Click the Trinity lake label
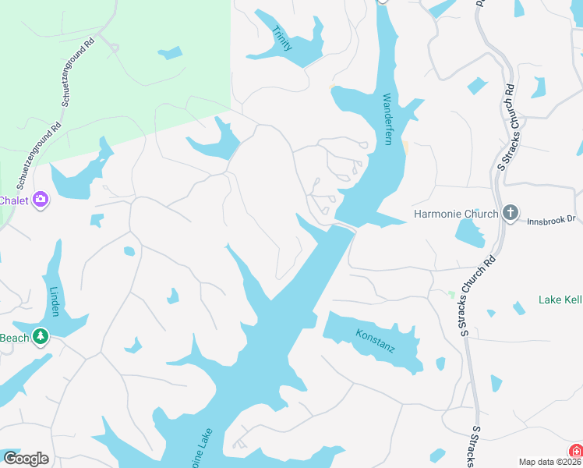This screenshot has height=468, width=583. [283, 38]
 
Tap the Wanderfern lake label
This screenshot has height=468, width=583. [387, 120]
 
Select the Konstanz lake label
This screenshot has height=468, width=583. [376, 340]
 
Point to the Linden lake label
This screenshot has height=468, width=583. [54, 302]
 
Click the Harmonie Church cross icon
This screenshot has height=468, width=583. [511, 213]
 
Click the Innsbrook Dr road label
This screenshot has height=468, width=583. [549, 219]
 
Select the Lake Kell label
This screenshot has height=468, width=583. [560, 300]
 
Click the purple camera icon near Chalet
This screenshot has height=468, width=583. [41, 200]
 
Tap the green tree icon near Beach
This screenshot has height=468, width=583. [41, 338]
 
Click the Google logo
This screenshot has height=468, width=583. [26, 458]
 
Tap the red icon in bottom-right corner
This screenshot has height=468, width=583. [576, 452]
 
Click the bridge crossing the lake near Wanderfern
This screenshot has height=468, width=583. [343, 226]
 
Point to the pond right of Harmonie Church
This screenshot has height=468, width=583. [468, 232]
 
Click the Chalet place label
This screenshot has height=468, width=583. [13, 200]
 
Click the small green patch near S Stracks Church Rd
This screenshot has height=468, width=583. [451, 295]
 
